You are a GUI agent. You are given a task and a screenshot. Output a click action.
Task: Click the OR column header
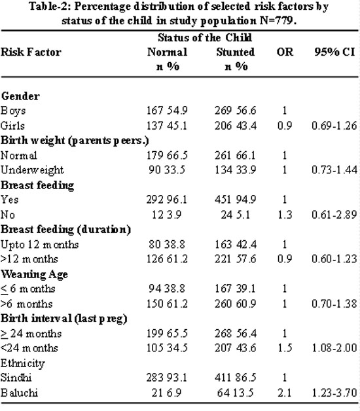(285, 52)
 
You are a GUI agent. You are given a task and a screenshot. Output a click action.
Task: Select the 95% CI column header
(335, 52)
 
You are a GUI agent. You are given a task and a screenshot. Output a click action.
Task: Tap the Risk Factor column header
(31, 52)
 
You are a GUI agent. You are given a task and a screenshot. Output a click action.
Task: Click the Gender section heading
(20, 96)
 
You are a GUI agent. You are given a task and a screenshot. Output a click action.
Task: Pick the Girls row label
(12, 126)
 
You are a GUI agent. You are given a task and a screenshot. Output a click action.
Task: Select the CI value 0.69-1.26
(334, 126)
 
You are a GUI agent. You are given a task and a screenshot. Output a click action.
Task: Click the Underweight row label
(32, 170)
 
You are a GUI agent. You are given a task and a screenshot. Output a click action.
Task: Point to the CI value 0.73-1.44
(334, 170)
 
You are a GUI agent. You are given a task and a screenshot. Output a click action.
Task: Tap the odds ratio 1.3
(285, 215)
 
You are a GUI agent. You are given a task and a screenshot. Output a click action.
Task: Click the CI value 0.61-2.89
(334, 215)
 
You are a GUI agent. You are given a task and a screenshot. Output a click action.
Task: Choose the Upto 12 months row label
(39, 245)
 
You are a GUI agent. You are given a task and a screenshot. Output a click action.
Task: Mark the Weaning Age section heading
(34, 274)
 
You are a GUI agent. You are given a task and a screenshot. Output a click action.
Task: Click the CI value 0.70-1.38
(334, 304)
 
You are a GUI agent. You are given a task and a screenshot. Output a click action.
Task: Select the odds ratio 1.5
(285, 348)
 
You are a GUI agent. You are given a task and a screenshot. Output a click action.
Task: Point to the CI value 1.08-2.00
(334, 348)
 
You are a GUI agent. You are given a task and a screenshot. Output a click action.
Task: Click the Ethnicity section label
(23, 364)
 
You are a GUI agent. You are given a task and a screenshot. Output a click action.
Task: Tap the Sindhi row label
(16, 378)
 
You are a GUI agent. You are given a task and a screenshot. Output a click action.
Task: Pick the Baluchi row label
(19, 393)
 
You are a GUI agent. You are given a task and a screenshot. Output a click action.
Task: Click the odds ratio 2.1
(285, 393)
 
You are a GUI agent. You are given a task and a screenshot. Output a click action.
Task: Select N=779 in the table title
(278, 20)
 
